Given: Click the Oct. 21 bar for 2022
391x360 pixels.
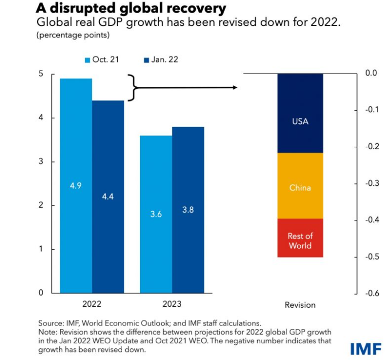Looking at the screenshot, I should point(76,185).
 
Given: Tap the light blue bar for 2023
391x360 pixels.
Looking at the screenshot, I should point(156,214).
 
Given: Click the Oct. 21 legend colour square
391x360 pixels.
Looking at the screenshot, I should point(87,60).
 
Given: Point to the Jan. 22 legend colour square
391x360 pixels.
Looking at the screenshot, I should point(147,60).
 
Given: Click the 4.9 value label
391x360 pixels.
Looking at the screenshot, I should point(76,185).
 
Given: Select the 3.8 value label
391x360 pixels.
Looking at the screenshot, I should point(188,209).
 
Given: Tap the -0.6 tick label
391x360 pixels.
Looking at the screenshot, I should point(372,293).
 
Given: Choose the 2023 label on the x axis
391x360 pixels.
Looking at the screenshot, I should point(172,305).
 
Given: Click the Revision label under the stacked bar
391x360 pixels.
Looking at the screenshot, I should point(300,305).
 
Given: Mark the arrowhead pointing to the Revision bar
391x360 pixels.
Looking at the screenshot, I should point(234,88).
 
